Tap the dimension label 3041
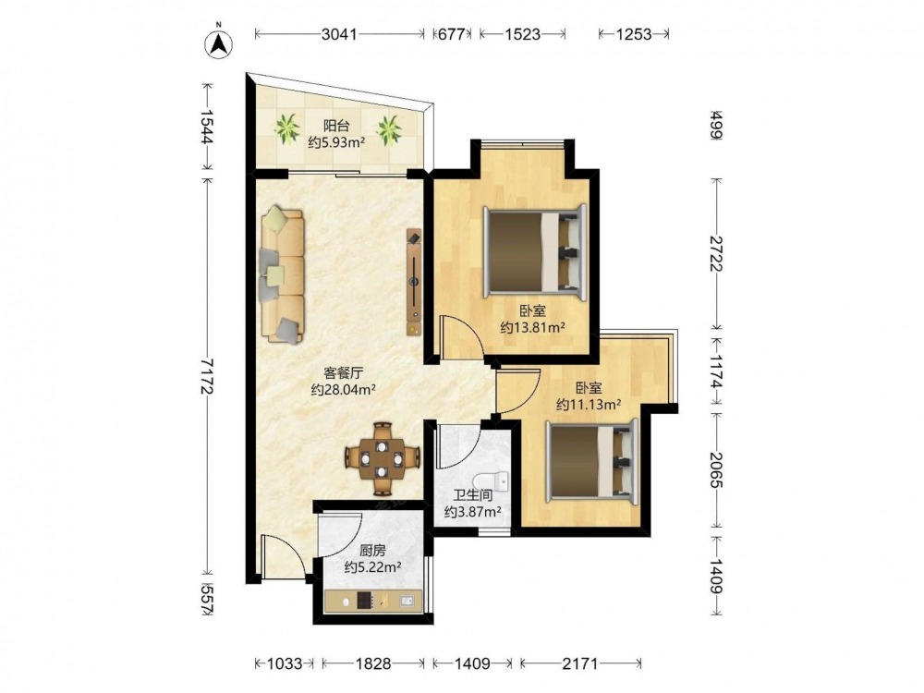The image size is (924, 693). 339,34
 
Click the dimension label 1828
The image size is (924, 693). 373,664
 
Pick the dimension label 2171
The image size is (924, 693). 580,664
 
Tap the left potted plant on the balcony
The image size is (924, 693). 287,128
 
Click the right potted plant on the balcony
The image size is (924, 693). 389,129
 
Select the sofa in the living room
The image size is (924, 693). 282,274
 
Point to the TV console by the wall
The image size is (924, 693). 414,282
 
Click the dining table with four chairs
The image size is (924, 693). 383,458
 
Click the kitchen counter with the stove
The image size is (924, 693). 373,601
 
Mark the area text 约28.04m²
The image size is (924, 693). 344,390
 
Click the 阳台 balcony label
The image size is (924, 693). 336,126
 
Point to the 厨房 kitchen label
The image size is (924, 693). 372,551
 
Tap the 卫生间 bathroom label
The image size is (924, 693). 472,495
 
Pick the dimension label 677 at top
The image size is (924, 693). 452,34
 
